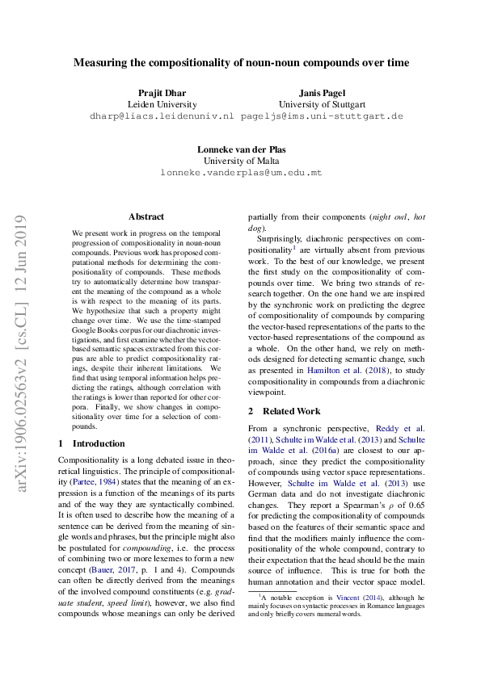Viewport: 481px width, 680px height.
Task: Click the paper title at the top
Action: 241,62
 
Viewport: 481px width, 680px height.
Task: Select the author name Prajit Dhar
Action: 162,92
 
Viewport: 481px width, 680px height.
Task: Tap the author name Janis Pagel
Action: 322,92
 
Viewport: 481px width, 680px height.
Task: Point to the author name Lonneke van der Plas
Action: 241,149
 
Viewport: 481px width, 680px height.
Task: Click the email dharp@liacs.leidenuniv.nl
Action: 162,115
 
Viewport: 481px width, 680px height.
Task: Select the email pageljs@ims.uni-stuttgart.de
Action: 322,115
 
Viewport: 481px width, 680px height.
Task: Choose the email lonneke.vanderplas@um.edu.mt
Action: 241,172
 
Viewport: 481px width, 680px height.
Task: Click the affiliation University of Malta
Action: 241,161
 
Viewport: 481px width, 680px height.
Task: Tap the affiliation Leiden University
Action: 162,104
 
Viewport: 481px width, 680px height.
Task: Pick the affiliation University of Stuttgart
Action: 322,104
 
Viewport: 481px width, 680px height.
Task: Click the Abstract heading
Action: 146,216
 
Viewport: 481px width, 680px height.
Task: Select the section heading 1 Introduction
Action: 92,443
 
